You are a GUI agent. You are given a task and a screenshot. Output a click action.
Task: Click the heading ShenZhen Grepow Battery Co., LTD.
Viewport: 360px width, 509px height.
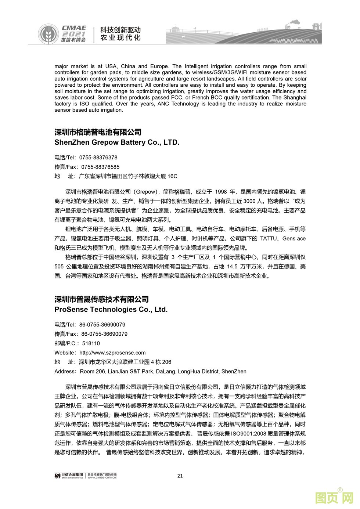tap(117, 142)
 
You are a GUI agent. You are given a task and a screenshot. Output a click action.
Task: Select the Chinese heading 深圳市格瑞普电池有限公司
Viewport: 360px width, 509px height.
tap(98, 132)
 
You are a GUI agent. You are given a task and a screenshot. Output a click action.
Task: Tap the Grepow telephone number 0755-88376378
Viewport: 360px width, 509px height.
tap(98, 158)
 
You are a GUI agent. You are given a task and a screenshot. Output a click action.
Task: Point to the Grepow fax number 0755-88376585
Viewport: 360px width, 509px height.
tap(100, 167)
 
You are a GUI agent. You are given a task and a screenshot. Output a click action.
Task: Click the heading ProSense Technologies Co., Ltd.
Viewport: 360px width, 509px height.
tap(111, 310)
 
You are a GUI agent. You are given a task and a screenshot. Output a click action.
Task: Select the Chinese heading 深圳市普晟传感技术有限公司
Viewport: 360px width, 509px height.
tap(102, 299)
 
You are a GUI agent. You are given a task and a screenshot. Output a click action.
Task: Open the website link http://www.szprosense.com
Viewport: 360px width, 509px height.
tap(112, 353)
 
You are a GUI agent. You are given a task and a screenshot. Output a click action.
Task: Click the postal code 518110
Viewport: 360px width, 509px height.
tap(91, 343)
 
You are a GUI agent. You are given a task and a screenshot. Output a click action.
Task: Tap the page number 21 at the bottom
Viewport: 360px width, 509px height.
tap(180, 476)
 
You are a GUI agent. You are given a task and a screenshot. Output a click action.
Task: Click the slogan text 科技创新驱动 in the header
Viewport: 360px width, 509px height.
tap(120, 30)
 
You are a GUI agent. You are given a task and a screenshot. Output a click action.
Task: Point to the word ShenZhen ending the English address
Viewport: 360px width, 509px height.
tap(234, 371)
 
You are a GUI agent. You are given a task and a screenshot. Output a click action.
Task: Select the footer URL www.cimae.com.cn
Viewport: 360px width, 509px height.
tap(102, 478)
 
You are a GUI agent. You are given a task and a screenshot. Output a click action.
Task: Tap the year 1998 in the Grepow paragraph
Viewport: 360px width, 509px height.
tap(221, 192)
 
